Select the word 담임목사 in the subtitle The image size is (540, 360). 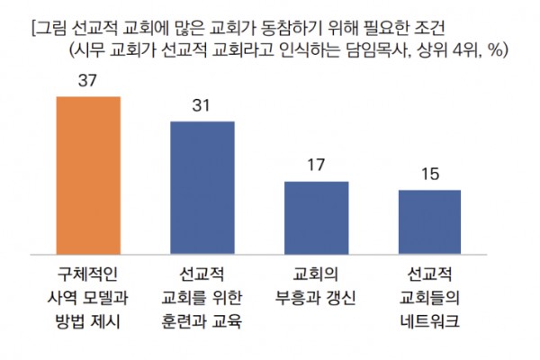coord(382,49)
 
